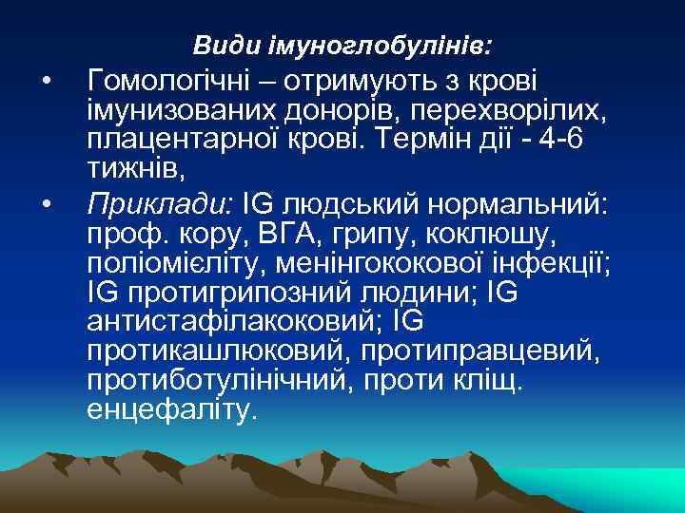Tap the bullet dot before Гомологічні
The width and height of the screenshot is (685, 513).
(x=46, y=78)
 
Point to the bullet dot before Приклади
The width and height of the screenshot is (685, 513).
(x=46, y=201)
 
